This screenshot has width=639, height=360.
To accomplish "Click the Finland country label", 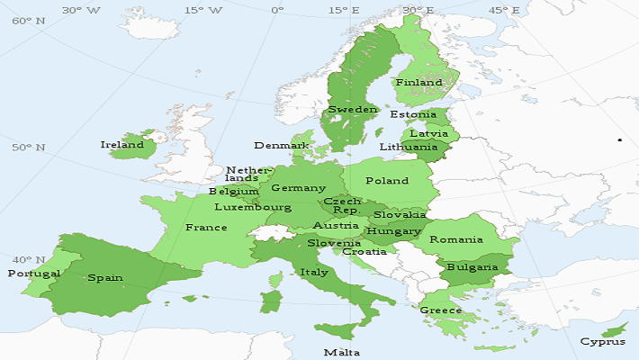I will click(419, 82).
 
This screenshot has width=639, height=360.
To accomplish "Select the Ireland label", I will click(121, 144).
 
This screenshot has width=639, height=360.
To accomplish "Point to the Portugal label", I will click(33, 273).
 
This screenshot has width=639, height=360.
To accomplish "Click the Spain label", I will click(105, 277).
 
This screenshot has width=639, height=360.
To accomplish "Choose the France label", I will click(206, 228).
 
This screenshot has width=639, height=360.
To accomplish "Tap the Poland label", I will click(386, 180).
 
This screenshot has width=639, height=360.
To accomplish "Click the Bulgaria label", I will click(472, 266).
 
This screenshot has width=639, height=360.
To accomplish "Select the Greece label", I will click(440, 310).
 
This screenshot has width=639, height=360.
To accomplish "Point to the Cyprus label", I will click(602, 341).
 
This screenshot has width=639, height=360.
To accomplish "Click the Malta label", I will click(341, 352).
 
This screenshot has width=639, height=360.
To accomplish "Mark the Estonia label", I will click(413, 114).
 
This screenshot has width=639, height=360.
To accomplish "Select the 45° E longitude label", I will click(503, 10).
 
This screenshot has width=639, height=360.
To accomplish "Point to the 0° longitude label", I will click(276, 10).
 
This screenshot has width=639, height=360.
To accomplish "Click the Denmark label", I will click(282, 145).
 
